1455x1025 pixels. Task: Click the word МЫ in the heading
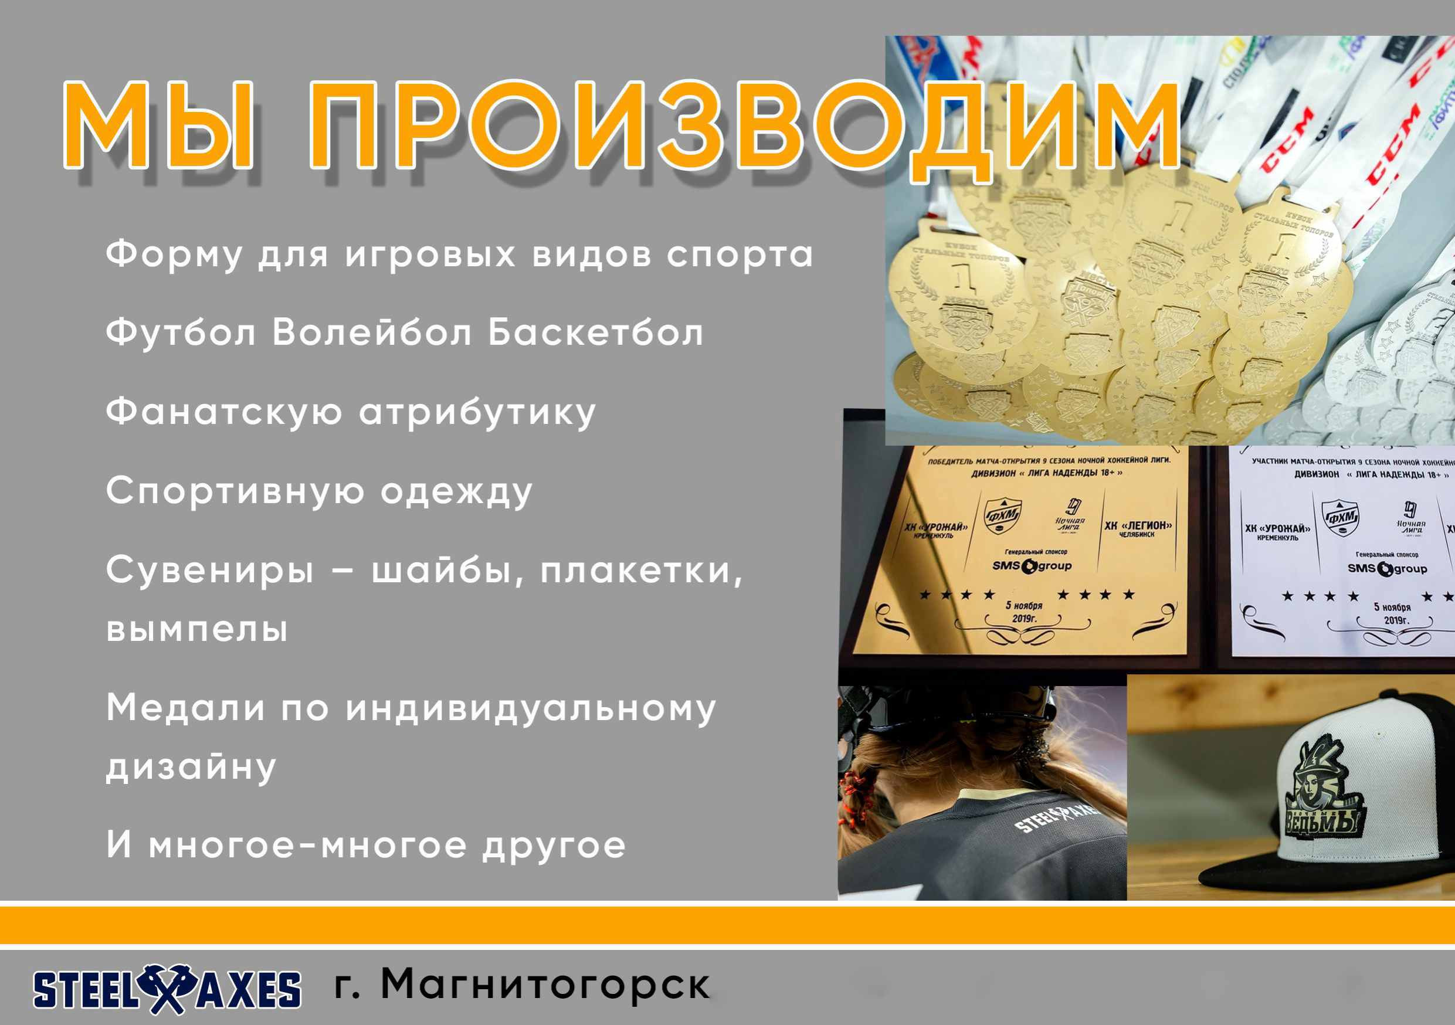coord(158,125)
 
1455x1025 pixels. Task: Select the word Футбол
coord(181,333)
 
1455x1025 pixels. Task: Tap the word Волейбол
coord(372,333)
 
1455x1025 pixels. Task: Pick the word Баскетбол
coord(595,333)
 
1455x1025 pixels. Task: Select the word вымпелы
coord(197,629)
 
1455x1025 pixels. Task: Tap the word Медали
coord(185,708)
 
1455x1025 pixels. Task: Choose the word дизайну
coord(191,768)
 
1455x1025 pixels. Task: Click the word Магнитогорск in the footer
coord(545,985)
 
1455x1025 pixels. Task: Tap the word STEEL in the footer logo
coord(86,990)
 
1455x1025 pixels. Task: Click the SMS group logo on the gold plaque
coord(1032,566)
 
